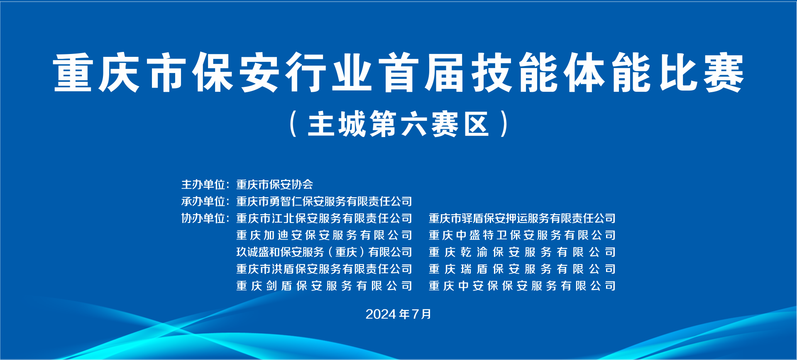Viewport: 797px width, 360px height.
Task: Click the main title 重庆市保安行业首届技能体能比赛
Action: [398, 72]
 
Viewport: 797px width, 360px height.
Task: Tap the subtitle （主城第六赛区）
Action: [398, 124]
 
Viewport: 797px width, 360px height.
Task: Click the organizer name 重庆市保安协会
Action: [275, 184]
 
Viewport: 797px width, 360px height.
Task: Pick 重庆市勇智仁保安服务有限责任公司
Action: [324, 201]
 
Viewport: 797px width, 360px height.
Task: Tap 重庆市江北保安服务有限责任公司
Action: [324, 218]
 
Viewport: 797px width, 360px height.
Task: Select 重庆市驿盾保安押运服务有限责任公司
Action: [522, 218]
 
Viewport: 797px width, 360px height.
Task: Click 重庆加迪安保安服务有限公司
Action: [324, 235]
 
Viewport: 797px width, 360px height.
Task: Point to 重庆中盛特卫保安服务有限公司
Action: [522, 235]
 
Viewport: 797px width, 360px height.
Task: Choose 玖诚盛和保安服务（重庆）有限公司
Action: [324, 252]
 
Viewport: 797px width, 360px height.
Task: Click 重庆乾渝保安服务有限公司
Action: [522, 252]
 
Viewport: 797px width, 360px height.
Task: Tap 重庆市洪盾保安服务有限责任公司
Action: [324, 269]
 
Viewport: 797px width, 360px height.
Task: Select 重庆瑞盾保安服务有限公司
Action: [522, 269]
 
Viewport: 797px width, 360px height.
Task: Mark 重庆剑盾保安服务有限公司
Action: [324, 286]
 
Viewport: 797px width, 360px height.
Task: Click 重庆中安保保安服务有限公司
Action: [522, 286]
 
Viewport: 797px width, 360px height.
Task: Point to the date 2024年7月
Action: [398, 314]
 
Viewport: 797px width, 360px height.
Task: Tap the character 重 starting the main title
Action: [73, 72]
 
